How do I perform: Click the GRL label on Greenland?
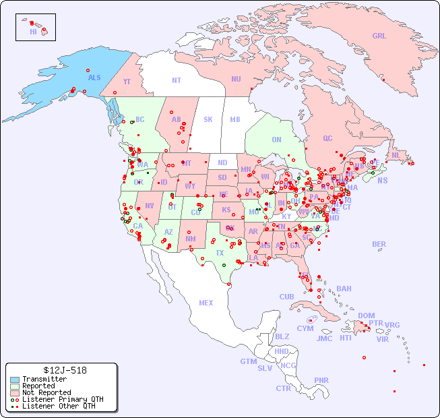coord(379,36)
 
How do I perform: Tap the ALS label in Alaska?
coord(94,78)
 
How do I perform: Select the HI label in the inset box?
coord(33,32)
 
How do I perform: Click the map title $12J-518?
coord(61,370)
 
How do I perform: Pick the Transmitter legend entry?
coord(44,379)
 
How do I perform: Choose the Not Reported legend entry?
coord(46,392)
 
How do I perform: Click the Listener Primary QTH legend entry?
coord(62,399)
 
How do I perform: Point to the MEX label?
coord(206,303)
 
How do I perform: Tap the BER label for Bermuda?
coord(379,244)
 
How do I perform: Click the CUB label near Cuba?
coord(286,297)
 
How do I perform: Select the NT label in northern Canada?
coord(176,80)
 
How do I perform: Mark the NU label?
coord(236,79)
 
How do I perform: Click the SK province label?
coord(208,119)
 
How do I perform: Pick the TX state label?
coord(220,253)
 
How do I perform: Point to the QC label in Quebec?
coord(327,138)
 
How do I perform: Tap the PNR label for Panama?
coord(321,380)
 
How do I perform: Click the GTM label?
coord(248,361)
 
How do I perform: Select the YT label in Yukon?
coord(127,82)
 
